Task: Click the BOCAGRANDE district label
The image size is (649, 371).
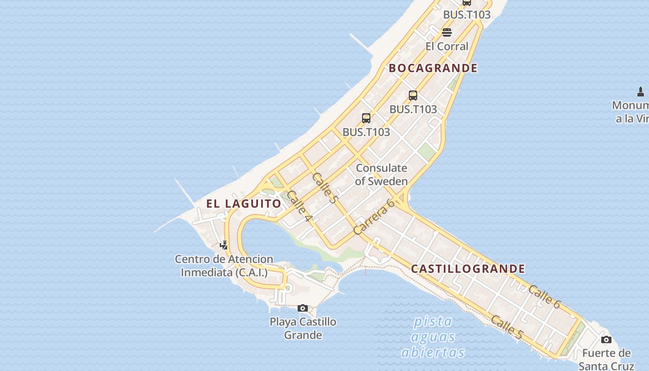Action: coord(433,68)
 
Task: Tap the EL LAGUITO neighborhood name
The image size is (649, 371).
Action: coord(244,204)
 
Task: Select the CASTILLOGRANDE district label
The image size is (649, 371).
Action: coord(468,269)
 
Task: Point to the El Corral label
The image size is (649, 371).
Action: coord(447,46)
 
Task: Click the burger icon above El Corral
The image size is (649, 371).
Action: coord(447,32)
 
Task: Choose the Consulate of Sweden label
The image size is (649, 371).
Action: coord(382,175)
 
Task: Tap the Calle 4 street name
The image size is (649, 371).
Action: coord(299,206)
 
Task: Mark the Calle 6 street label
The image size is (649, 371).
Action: coord(545,297)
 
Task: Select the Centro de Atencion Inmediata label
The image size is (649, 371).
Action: coord(224,266)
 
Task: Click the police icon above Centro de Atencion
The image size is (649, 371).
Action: coord(224,245)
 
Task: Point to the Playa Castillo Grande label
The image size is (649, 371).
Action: coord(303,328)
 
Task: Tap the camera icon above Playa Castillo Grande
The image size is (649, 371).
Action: coord(303,308)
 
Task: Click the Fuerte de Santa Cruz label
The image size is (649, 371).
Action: coord(606,359)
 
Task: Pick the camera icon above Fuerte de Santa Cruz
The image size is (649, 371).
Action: coord(606,340)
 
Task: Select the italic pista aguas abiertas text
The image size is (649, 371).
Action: coord(433,337)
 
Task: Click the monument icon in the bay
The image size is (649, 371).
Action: coord(641,91)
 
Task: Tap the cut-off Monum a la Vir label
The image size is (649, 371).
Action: coord(630,112)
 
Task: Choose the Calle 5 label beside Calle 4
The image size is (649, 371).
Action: coord(324,188)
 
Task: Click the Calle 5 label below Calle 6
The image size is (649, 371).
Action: coord(507,326)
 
